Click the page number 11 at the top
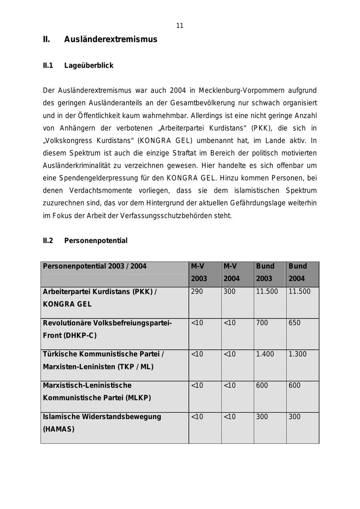coord(180,26)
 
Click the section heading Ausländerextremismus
coord(111,40)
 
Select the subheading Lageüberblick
coord(89,66)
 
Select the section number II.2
coord(48,241)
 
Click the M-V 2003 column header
coord(199,273)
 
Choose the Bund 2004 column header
coord(298,273)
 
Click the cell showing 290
coord(197,292)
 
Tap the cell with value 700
coord(262,323)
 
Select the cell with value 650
coord(294,323)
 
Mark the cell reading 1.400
coord(265,354)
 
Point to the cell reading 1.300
coord(298,354)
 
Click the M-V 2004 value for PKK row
coord(230,292)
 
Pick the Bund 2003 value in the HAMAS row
coord(262,417)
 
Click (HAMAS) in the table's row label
coord(59,429)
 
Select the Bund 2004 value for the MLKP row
coord(294,386)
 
